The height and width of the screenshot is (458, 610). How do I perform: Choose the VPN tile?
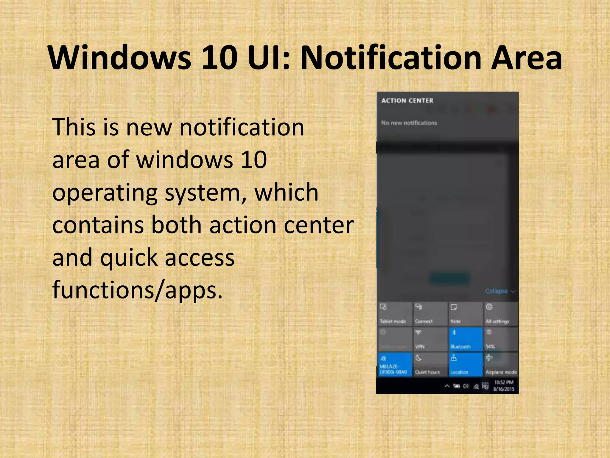pyautogui.click(x=430, y=339)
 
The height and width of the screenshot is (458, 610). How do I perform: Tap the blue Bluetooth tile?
pyautogui.click(x=465, y=339)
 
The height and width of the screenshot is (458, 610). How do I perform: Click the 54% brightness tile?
pyautogui.click(x=500, y=339)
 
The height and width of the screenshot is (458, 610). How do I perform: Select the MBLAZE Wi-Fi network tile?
pyautogui.click(x=394, y=365)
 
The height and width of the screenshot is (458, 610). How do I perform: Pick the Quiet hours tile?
pyautogui.click(x=430, y=365)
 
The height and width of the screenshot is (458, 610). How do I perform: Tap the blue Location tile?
pyautogui.click(x=465, y=365)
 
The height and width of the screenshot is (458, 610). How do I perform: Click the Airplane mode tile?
pyautogui.click(x=500, y=365)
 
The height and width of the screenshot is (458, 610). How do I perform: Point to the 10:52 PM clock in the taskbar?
pyautogui.click(x=504, y=383)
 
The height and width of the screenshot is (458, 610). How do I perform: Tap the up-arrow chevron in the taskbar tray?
pyautogui.click(x=447, y=386)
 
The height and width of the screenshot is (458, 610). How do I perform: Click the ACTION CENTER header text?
pyautogui.click(x=407, y=101)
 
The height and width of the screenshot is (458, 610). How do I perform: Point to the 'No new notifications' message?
pyautogui.click(x=409, y=123)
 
